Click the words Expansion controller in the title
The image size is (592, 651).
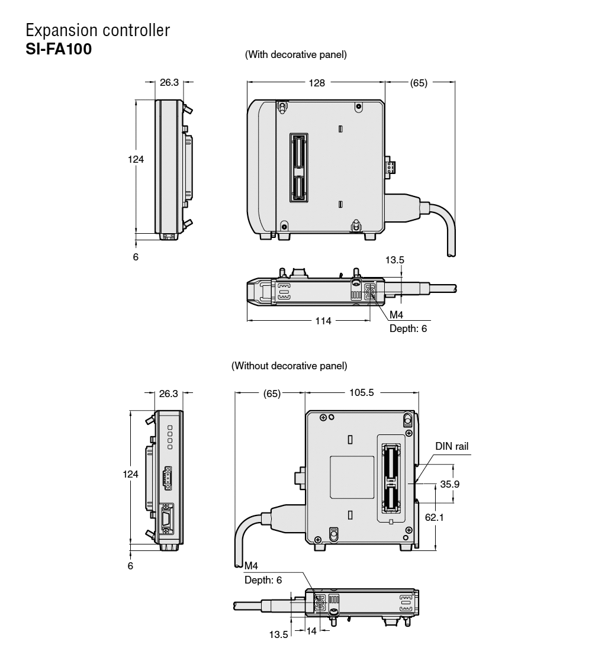click(98, 30)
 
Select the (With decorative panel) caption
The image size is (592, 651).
click(295, 54)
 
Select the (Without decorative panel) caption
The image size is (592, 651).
click(289, 365)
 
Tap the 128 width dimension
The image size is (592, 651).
click(317, 83)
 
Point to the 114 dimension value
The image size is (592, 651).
click(323, 320)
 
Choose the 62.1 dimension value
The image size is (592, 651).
click(437, 517)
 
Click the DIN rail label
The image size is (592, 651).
click(452, 446)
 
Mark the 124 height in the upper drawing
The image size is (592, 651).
click(136, 159)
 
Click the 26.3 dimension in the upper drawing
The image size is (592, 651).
click(169, 83)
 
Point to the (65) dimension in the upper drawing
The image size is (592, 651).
click(419, 83)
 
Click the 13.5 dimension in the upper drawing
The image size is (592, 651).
click(395, 259)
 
